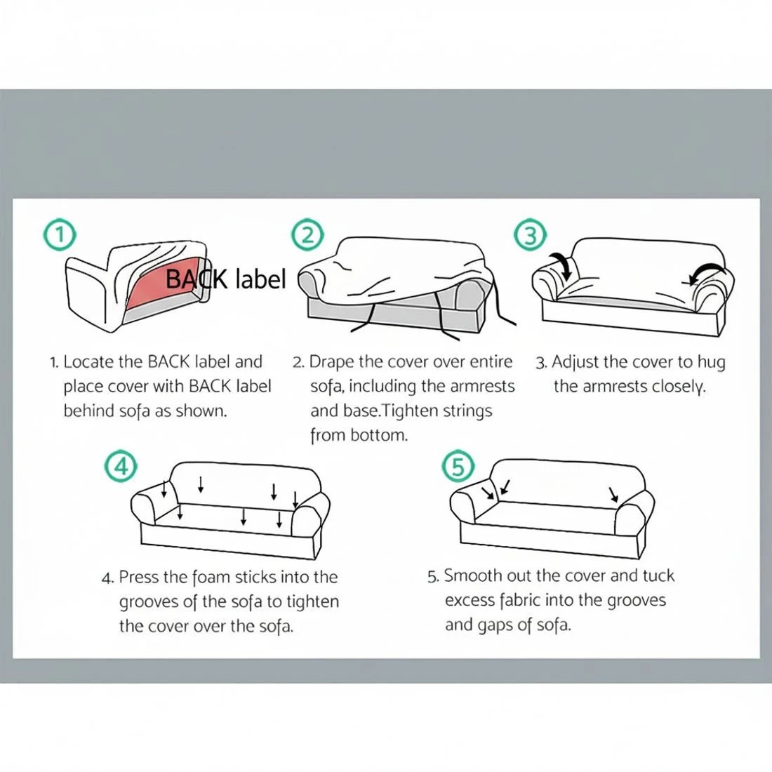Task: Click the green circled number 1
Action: coord(60,235)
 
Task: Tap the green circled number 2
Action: coord(307,235)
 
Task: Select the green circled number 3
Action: coord(531,235)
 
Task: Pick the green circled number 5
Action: coord(458,465)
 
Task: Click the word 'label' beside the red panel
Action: coord(260,279)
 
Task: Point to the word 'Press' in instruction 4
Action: coord(138,577)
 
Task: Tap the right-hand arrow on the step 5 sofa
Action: coord(613,495)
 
